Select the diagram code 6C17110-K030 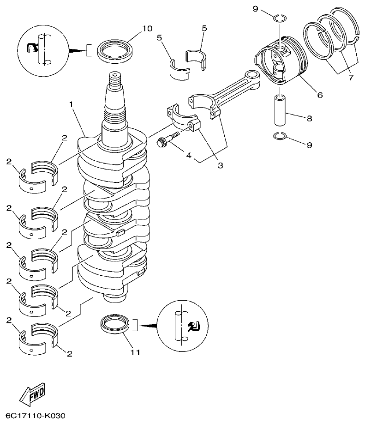coord(36,416)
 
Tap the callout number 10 coord(146,29)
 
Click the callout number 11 coord(135,352)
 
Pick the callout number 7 coord(350,78)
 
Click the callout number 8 coord(309,118)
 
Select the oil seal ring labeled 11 coord(114,324)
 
